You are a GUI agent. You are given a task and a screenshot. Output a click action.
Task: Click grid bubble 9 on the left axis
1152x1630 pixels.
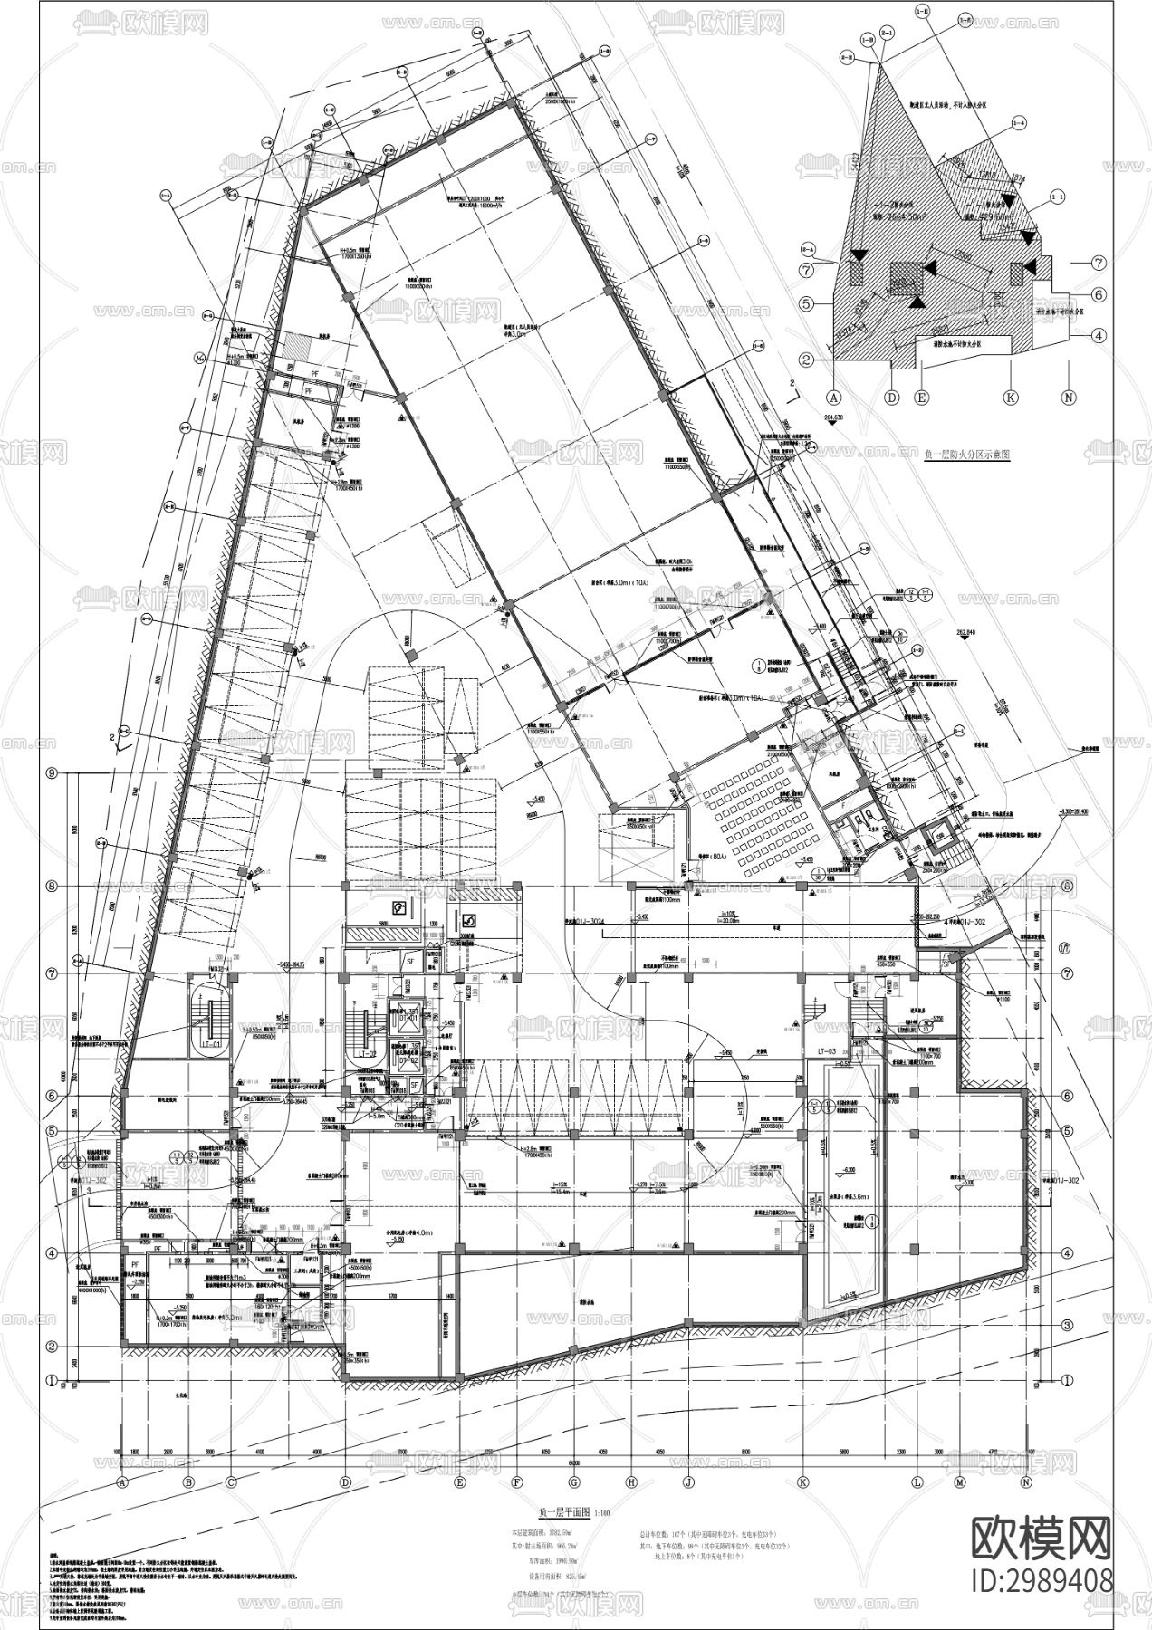pos(52,773)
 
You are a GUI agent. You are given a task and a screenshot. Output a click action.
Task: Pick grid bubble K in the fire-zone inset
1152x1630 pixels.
pos(1011,396)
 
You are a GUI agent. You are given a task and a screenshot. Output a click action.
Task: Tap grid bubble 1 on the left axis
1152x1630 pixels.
pos(52,1382)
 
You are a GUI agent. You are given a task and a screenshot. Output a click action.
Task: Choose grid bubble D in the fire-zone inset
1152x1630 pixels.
pos(891,396)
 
